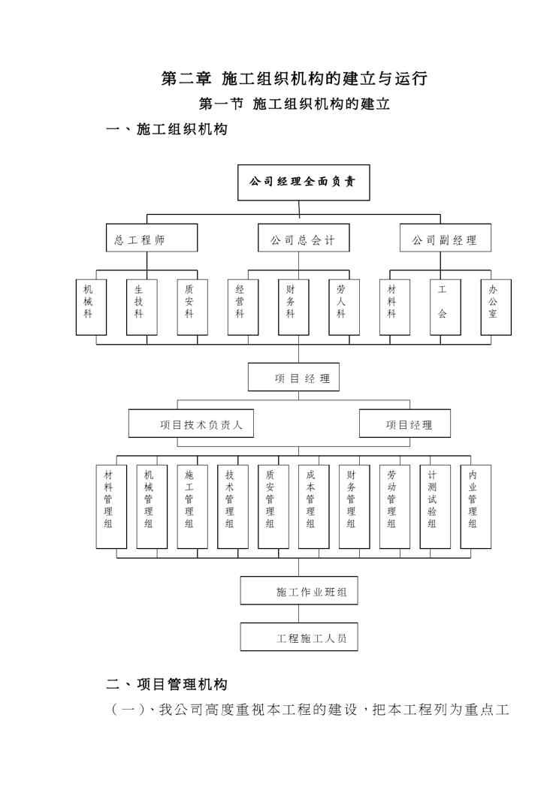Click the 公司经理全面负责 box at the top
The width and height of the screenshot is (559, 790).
(304, 182)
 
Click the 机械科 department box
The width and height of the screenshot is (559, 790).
(92, 307)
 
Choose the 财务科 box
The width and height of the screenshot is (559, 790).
(290, 307)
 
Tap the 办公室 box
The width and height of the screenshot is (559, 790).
(496, 307)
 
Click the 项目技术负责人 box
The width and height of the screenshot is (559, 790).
(191, 424)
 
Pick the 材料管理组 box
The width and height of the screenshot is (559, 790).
(110, 506)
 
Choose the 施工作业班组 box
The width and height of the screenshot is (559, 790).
(298, 591)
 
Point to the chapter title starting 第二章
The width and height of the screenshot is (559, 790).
(295, 78)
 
